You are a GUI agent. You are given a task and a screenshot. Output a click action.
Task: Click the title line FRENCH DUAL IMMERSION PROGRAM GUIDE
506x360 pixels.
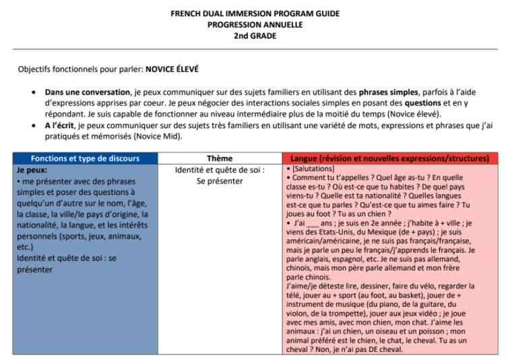coord(255,13)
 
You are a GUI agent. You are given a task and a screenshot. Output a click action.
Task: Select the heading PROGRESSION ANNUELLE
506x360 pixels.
coord(255,25)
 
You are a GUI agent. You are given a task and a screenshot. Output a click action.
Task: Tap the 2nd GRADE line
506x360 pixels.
coord(255,36)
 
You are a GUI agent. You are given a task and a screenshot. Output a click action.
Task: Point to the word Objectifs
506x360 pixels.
coord(36,69)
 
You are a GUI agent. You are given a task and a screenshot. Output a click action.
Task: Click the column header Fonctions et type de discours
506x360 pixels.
coord(85,158)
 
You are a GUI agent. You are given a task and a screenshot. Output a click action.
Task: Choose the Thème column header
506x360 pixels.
coord(220,158)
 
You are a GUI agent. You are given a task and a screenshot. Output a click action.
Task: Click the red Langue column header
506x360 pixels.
coord(389,158)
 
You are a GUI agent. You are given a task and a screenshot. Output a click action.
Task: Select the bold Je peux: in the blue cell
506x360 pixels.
coord(32,170)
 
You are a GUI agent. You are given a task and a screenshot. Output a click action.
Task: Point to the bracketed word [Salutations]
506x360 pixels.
coord(313,169)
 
